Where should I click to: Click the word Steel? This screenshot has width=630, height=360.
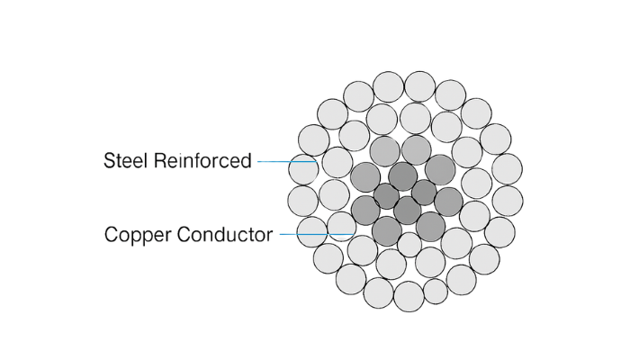pos(127,160)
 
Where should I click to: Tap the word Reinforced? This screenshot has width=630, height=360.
pos(202,160)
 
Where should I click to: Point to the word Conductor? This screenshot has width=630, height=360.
pos(225,234)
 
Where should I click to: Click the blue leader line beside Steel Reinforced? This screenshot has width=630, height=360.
pos(287,161)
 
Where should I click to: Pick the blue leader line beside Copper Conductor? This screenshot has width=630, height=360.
pos(317,234)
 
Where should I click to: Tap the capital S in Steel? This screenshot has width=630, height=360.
pos(110,160)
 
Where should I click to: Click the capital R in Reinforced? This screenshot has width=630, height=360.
pos(161,160)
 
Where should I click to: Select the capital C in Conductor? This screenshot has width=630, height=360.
pos(184,234)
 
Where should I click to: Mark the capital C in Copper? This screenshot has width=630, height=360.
pos(112,234)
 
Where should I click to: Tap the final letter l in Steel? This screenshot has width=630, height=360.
pos(148,160)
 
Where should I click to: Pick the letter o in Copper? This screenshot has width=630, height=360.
pos(126,236)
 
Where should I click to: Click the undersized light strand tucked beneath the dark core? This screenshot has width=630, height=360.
pos(409,245)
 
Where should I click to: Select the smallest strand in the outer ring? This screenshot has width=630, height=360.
pos(436,292)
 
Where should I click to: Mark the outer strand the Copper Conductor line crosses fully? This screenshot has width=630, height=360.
pos(311,232)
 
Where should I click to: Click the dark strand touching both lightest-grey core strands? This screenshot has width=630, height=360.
pos(402,176)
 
